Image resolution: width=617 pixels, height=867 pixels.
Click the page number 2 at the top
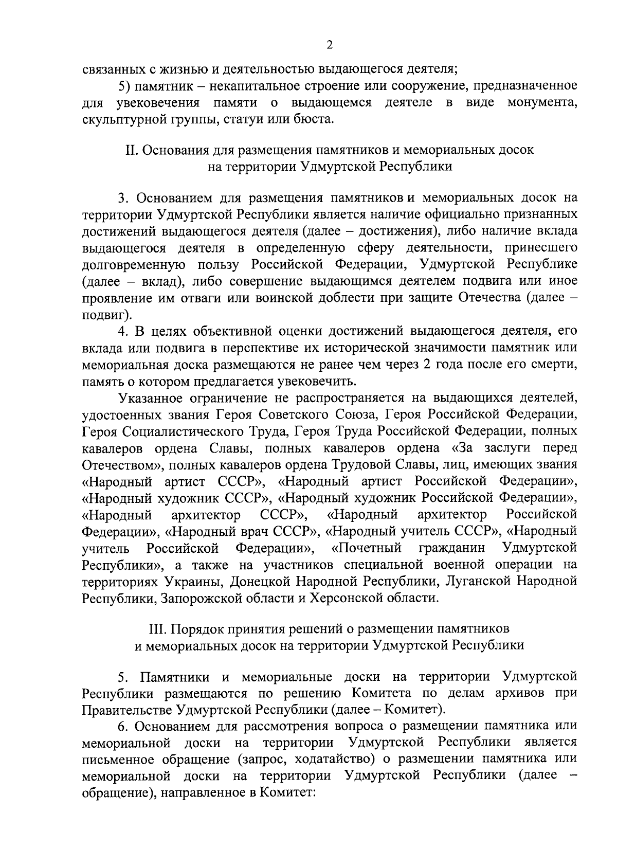coord(330,45)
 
